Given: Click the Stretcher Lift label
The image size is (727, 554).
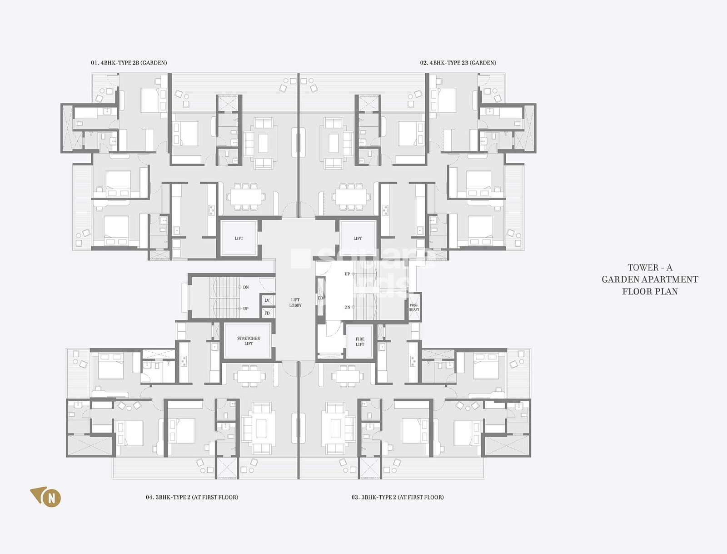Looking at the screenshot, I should click(x=249, y=341).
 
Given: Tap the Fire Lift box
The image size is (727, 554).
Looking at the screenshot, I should click(x=360, y=342).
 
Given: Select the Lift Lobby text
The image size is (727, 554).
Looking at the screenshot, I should click(x=295, y=303).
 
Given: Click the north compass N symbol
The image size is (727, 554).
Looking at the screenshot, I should click(x=51, y=498).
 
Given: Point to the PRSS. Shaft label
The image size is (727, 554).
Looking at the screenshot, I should click(x=414, y=307).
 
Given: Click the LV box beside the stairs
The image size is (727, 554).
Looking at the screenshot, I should click(x=267, y=300).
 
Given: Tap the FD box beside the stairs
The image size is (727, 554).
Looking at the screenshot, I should click(x=267, y=313).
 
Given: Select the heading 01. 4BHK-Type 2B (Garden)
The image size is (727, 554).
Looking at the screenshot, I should click(x=129, y=63).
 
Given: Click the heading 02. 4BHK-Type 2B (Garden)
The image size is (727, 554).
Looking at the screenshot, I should click(x=458, y=63).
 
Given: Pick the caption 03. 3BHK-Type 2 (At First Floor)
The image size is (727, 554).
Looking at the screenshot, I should click(x=398, y=497).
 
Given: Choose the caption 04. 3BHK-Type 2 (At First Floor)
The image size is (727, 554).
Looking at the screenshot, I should click(x=192, y=497).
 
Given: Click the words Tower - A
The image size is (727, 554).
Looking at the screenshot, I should click(x=650, y=268).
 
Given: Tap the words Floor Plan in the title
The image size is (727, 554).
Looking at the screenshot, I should click(x=650, y=291).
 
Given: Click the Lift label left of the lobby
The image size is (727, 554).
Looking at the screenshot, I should click(x=239, y=238).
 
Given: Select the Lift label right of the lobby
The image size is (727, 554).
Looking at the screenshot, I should click(x=358, y=238).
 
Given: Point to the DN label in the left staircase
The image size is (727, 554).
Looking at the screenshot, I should click(x=246, y=287).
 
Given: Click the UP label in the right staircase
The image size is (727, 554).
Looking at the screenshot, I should click(x=347, y=274).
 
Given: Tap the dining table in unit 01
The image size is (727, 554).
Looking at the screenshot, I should click(x=246, y=197).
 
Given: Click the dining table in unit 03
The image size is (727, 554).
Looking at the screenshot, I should click(x=347, y=376).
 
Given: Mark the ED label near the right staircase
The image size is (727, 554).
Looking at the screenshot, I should click(x=320, y=298).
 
